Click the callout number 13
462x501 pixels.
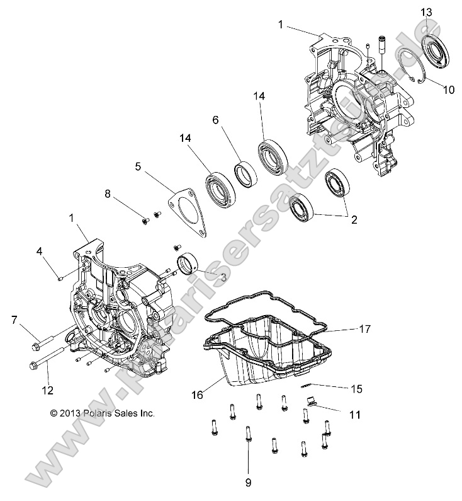point(427,12)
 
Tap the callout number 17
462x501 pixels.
point(364,329)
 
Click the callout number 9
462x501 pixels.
point(247,483)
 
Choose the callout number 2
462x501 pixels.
point(354,220)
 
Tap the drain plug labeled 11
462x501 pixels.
point(311,401)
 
